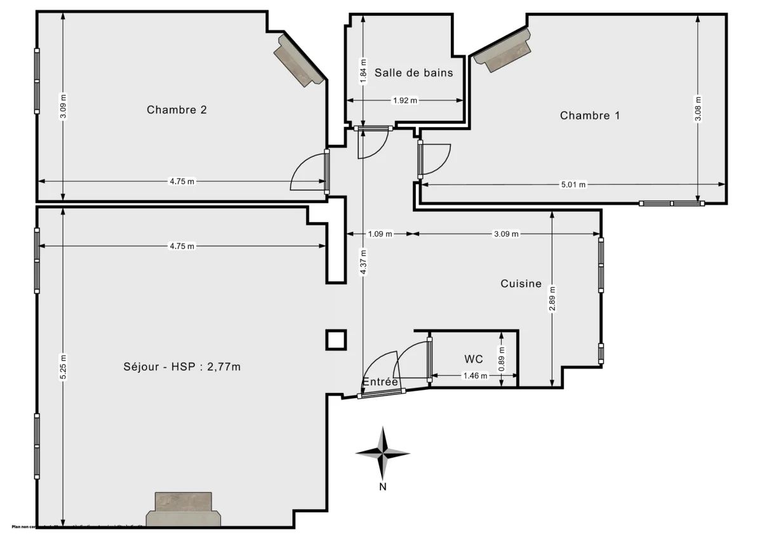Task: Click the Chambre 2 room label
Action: coord(177,109)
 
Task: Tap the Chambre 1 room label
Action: coord(589,115)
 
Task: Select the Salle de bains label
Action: coord(413,72)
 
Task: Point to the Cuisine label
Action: coord(521,284)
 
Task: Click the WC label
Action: coord(473,359)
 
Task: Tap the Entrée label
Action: coord(380,382)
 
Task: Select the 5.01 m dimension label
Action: coord(573,185)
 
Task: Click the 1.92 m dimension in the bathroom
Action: coord(404,100)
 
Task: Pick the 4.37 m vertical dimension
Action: coord(363,261)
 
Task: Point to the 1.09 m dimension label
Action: coord(380,234)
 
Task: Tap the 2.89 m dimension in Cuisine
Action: coord(552,296)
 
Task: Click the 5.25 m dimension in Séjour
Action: coord(62,366)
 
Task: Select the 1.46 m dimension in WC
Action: coord(474,376)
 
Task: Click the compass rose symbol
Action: coord(383,453)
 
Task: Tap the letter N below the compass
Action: coord(383,487)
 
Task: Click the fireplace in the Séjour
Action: coord(183,509)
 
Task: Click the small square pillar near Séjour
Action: coord(337,340)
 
